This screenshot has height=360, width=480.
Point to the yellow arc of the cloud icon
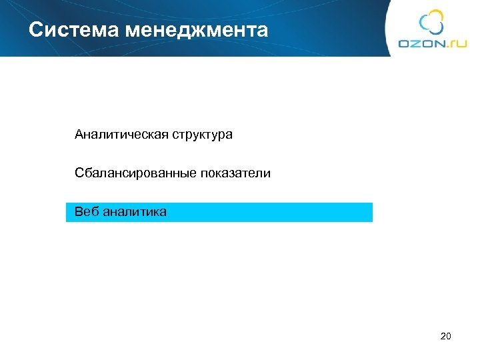point(438,15)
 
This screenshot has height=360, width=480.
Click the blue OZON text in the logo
point(423,43)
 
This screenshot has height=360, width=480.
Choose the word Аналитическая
point(122,135)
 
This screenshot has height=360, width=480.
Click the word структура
point(203,135)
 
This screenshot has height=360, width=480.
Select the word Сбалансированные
point(135,173)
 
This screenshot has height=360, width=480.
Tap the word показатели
point(235,173)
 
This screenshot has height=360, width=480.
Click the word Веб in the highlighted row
point(86,212)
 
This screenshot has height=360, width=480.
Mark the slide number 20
point(446,336)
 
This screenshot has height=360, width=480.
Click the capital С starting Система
point(35,30)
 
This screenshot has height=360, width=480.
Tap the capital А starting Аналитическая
point(79,135)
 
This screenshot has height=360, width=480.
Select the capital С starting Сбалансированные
point(79,173)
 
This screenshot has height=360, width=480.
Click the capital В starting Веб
point(79,212)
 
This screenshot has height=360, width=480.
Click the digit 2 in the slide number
point(443,336)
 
